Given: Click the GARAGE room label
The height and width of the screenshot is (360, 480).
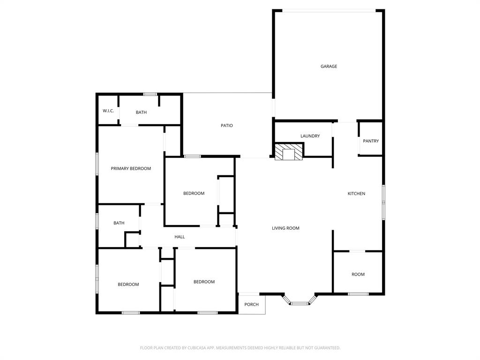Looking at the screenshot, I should [x=329, y=67].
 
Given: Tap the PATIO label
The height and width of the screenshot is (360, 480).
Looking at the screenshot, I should [x=227, y=126].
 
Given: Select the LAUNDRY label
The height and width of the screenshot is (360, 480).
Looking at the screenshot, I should [x=310, y=136].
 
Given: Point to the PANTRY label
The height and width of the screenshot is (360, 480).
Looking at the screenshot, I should [x=371, y=141].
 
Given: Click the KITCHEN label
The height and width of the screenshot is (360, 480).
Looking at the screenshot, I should [x=356, y=194].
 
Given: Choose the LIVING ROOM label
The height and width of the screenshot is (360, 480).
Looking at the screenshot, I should [x=285, y=228].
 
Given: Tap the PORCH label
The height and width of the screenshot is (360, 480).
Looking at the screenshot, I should [x=252, y=305].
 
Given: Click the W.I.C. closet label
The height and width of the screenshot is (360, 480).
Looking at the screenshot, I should [x=108, y=111].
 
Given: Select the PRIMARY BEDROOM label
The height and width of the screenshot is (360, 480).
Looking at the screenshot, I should [x=131, y=168].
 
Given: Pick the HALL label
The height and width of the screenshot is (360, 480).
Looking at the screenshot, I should [x=180, y=237].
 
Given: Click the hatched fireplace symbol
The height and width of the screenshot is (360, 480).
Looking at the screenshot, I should [x=289, y=152].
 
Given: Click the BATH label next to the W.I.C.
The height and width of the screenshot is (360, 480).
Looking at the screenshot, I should [x=141, y=112].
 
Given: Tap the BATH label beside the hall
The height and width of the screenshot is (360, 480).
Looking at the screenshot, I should [x=119, y=223].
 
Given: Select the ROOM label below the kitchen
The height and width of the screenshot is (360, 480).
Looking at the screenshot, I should [x=358, y=275].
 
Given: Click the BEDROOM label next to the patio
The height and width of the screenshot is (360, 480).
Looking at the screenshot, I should [x=194, y=194].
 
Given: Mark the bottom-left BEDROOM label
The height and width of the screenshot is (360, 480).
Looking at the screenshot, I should [x=128, y=285].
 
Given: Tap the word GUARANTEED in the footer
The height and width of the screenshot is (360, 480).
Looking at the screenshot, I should [x=326, y=348].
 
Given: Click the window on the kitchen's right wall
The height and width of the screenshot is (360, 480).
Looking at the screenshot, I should [x=383, y=202].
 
